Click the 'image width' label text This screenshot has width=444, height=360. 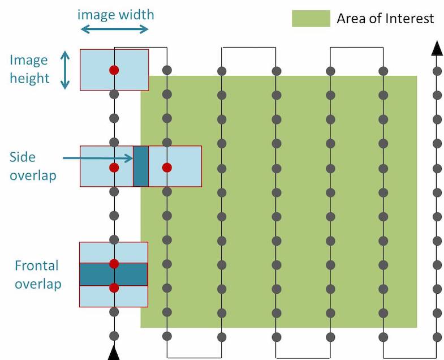coord(115,14)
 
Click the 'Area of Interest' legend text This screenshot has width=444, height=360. coord(385,18)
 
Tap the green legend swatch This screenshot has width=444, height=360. coord(311,18)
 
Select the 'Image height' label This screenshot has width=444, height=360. coord(29,69)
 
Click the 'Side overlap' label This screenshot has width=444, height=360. coord(33,166)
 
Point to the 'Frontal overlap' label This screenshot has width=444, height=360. coord(37,275)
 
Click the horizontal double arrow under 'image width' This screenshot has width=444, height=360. coord(114,29)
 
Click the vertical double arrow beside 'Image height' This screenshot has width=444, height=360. coord(65,70)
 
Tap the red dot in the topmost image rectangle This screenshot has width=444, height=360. coord(114,70)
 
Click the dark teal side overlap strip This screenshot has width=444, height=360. coord(141,166)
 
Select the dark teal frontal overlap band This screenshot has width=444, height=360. coord(114,275)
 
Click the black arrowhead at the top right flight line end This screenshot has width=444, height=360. coord(437,49)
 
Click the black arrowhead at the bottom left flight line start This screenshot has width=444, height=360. coord(114,353)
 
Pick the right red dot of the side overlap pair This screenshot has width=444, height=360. coord(166,168)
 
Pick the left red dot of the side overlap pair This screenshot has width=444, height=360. coord(114,168)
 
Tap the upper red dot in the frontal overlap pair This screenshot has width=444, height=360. coord(114,263)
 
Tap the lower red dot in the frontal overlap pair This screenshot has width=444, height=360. coord(114,288)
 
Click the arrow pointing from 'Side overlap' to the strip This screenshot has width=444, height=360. coord(96,158)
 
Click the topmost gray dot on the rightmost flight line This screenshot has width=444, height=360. coord(437,71)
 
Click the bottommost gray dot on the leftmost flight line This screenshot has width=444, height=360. coord(114,336)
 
